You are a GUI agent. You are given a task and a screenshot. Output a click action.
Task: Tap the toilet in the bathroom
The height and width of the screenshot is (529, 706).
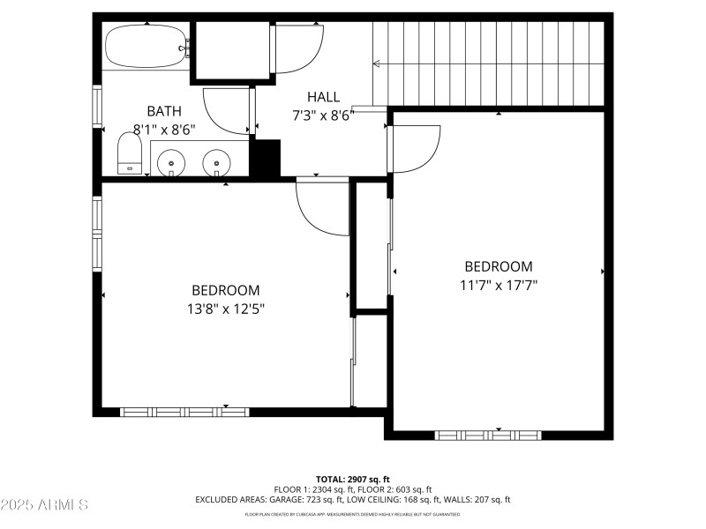tap(130, 153)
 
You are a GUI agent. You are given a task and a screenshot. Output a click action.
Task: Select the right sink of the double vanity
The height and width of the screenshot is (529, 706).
tap(216, 162)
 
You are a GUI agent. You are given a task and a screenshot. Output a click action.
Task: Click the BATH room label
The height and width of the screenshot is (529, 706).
tap(164, 111)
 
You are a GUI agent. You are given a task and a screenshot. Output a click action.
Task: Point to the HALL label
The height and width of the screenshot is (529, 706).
tap(323, 97)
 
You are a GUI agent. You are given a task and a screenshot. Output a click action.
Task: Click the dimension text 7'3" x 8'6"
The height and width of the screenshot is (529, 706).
tap(323, 115)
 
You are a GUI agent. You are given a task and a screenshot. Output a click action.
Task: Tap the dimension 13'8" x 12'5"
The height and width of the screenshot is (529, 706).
tap(226, 309)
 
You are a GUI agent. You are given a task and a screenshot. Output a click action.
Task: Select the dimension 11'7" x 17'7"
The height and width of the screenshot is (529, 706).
tap(499, 285)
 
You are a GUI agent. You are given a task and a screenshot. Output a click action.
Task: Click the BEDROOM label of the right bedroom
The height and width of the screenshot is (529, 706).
tap(499, 266)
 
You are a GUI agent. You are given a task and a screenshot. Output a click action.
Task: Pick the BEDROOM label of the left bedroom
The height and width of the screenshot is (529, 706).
tap(226, 290)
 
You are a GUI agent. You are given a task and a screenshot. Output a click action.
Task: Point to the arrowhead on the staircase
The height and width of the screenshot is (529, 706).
tap(378, 63)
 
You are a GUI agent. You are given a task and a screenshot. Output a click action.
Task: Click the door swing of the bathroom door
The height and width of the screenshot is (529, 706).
tap(225, 111)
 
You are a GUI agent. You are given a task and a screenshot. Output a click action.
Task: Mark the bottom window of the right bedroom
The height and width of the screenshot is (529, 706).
tap(488, 435)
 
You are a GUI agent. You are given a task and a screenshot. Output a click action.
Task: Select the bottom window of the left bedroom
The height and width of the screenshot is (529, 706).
tap(184, 411)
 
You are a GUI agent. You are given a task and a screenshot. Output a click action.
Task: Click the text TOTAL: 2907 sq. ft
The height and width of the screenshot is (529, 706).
tap(353, 479)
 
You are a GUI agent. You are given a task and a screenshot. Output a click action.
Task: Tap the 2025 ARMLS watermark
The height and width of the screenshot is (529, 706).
tap(44, 505)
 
